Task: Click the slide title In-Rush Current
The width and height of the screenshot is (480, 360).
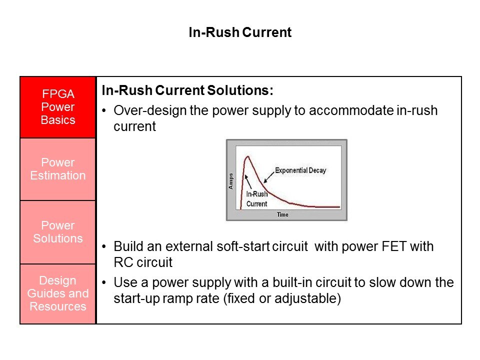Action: (x=240, y=32)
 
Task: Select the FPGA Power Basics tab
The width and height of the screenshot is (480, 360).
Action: (x=58, y=107)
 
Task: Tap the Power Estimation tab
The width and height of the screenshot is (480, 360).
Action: (x=58, y=169)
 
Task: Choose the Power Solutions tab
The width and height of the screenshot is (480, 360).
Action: (x=58, y=232)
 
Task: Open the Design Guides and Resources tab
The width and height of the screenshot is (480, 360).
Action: (x=58, y=294)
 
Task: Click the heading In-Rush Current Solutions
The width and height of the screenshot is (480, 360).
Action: (x=187, y=90)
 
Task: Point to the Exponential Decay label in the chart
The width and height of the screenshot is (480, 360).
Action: (x=300, y=170)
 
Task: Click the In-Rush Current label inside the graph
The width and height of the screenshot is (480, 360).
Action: (x=257, y=198)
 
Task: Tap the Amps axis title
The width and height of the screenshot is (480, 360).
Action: (x=231, y=181)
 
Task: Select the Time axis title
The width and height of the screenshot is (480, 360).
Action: (x=282, y=214)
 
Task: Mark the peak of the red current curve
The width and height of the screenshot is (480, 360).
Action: (x=247, y=156)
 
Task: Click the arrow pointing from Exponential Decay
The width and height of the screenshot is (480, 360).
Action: (x=269, y=177)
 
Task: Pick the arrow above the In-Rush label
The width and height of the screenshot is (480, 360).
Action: (x=248, y=181)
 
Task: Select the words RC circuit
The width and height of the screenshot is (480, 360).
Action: (x=143, y=262)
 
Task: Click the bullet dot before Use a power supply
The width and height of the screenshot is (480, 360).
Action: (x=104, y=283)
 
